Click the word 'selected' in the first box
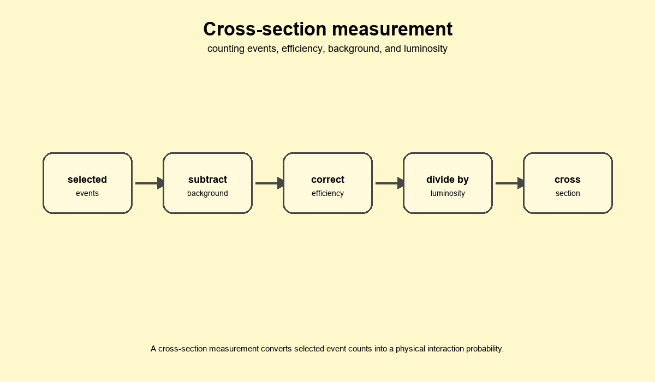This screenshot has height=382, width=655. [x=87, y=180]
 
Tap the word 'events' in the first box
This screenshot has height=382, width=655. [x=87, y=194]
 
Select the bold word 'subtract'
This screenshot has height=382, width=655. [x=207, y=180]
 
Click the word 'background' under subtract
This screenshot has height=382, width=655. [x=207, y=194]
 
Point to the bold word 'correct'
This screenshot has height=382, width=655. [x=328, y=180]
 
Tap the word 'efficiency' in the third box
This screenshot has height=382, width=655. [x=328, y=194]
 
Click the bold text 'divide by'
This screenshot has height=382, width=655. [x=448, y=180]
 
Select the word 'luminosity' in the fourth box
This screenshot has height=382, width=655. [x=448, y=194]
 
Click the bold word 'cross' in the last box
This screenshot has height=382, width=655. [x=568, y=180]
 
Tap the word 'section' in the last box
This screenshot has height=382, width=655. [x=568, y=194]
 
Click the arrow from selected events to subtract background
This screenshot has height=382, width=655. [x=150, y=183]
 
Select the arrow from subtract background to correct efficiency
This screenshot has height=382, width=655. [x=270, y=183]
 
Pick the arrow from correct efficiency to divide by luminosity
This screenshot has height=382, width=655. [x=390, y=183]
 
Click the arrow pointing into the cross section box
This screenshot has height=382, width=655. [x=510, y=183]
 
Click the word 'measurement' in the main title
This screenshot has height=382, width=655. [x=392, y=29]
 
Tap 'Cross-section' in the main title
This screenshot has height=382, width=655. [x=265, y=29]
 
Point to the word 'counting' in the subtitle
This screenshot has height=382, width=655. [x=226, y=49]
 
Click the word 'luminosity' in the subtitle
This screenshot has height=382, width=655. [x=425, y=49]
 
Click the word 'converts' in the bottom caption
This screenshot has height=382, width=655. [x=276, y=349]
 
